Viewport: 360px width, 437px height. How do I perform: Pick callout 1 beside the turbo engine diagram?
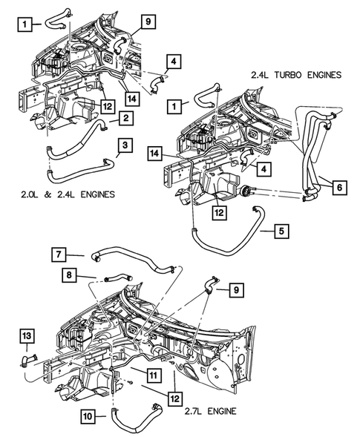coord(174,108)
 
